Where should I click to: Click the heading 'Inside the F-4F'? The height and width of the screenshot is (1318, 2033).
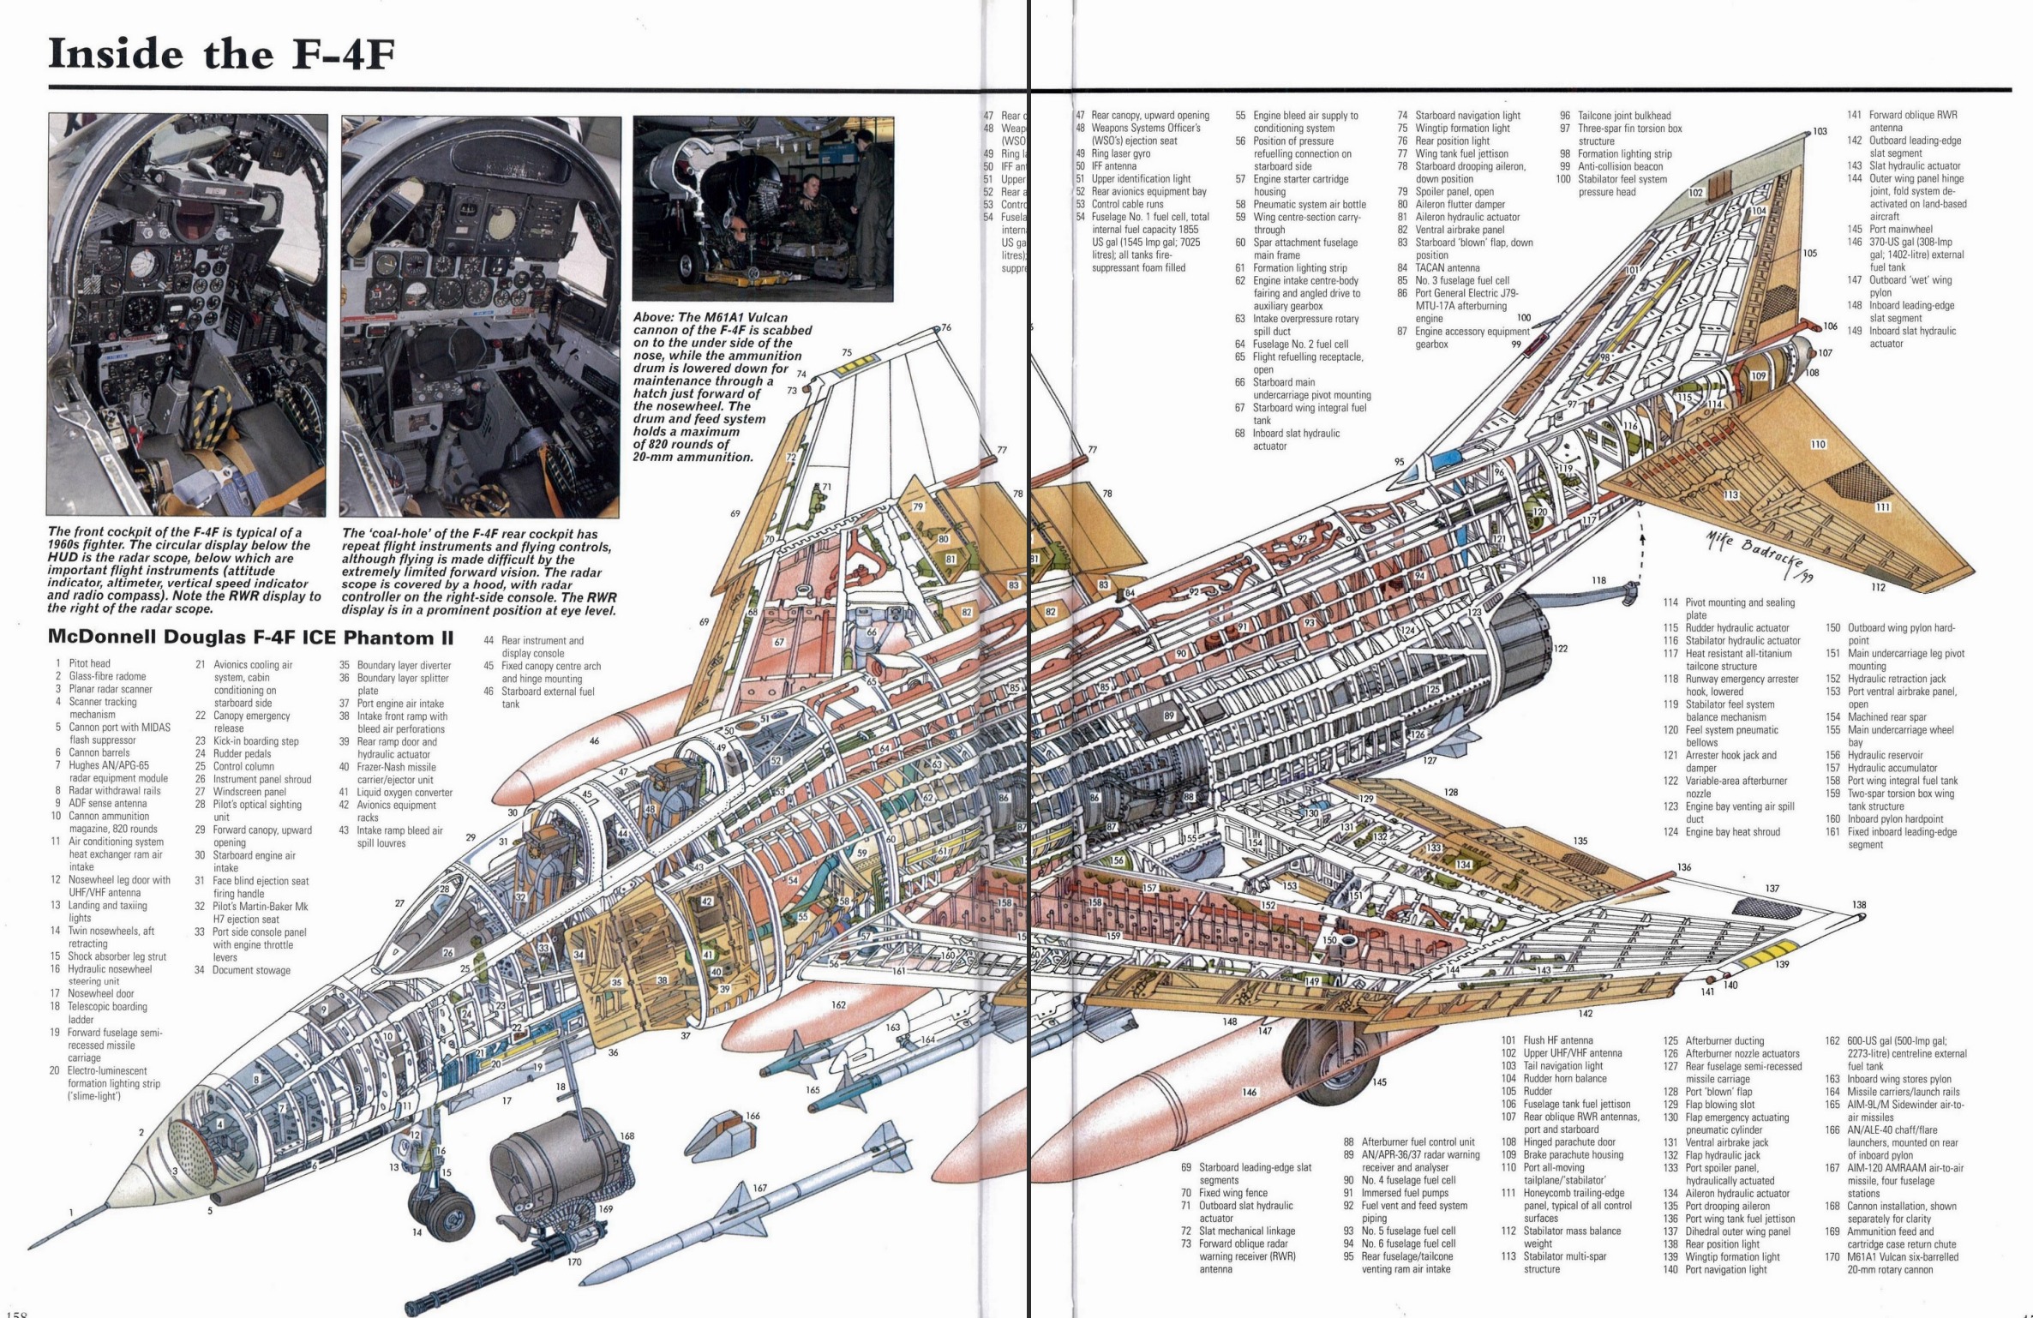[x=221, y=53]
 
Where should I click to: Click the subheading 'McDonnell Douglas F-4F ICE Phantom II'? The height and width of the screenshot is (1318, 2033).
[x=250, y=638]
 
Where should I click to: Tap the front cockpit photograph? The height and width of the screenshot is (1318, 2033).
[x=187, y=315]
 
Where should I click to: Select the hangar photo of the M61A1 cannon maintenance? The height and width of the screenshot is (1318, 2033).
[x=763, y=208]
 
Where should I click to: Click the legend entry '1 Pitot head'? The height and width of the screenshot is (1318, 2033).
[x=82, y=663]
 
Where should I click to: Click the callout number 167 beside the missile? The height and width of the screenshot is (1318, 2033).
[x=759, y=1189]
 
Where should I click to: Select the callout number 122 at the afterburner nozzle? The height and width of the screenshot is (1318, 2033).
[x=1560, y=649]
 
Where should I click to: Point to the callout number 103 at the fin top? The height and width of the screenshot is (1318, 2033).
[x=1819, y=131]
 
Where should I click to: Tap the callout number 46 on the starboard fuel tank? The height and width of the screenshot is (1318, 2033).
[x=593, y=740]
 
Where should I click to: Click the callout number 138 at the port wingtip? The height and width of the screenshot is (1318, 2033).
[x=1859, y=905]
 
